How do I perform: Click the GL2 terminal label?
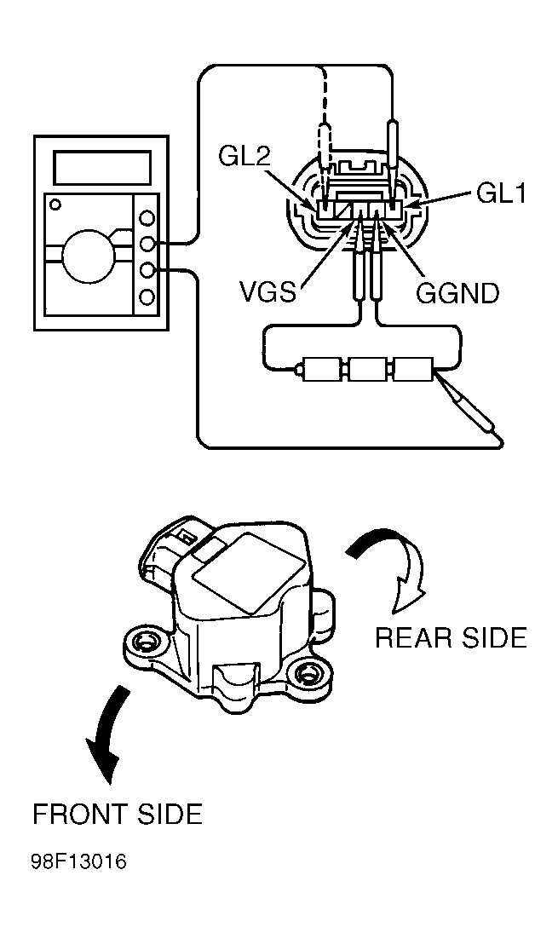tap(244, 157)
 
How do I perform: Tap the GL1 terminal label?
tap(502, 193)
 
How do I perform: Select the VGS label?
tap(267, 292)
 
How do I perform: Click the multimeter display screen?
tap(101, 167)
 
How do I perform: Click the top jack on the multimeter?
tap(147, 217)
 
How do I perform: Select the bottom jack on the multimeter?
tap(147, 297)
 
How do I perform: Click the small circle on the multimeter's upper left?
tap(55, 204)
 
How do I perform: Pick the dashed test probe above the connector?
tap(325, 155)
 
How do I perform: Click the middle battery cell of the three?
tap(368, 370)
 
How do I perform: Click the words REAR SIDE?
tap(451, 637)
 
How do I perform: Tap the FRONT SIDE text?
tap(118, 814)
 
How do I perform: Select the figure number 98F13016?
tap(78, 861)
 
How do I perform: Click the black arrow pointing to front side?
tap(107, 731)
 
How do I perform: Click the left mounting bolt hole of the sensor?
tap(143, 642)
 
